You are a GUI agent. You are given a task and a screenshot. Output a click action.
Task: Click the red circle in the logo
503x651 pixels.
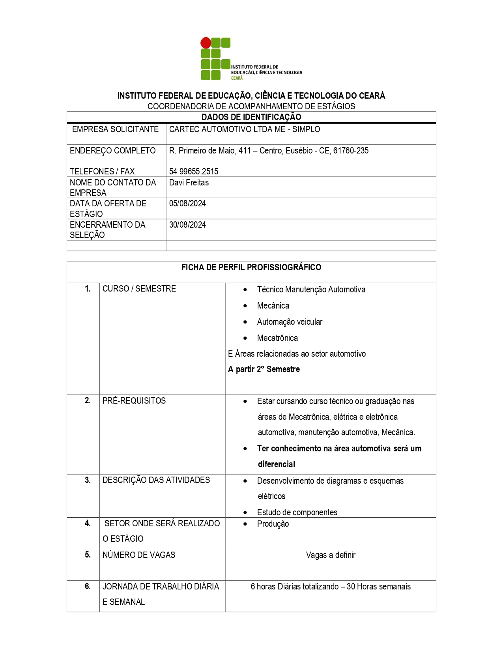point(206,43)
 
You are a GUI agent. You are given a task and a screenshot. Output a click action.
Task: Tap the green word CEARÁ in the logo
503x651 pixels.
point(237,78)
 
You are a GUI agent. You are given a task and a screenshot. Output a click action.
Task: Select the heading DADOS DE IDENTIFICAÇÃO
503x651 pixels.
point(251,117)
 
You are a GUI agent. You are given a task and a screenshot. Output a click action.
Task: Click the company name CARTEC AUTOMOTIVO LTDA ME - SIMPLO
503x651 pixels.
point(245,129)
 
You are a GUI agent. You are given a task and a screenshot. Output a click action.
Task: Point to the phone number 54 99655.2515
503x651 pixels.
point(194,172)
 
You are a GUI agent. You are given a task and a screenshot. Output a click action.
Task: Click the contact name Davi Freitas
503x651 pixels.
point(189,183)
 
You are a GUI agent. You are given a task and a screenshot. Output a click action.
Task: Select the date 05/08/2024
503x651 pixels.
point(187,204)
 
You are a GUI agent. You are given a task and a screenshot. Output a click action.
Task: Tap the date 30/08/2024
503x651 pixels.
point(187,225)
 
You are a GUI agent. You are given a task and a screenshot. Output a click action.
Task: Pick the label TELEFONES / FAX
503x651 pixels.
point(102,172)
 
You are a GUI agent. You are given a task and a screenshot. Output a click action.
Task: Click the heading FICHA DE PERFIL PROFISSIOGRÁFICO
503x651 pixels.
point(251,268)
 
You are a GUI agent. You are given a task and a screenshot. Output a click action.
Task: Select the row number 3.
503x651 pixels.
point(88,480)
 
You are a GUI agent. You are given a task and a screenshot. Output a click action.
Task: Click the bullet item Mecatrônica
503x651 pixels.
point(277,338)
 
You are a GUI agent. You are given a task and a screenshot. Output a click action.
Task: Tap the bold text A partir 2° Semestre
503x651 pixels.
point(264,369)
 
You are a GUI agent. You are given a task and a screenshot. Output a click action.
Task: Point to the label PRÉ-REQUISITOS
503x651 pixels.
point(134,401)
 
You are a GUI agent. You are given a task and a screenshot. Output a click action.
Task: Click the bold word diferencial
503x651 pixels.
point(277,464)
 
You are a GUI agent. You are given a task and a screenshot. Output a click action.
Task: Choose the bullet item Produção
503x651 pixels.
point(273,524)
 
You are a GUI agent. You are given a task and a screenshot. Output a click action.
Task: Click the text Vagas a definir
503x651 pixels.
point(331,555)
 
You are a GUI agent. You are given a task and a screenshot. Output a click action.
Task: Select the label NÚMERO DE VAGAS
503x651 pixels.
point(139,555)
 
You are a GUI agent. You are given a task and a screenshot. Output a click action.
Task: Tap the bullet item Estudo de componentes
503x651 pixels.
point(297,513)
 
